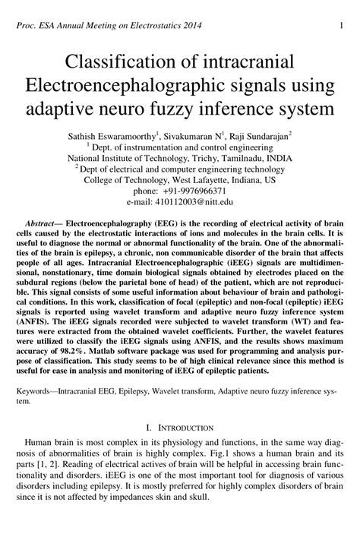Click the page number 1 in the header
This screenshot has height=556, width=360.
coord(344,26)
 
